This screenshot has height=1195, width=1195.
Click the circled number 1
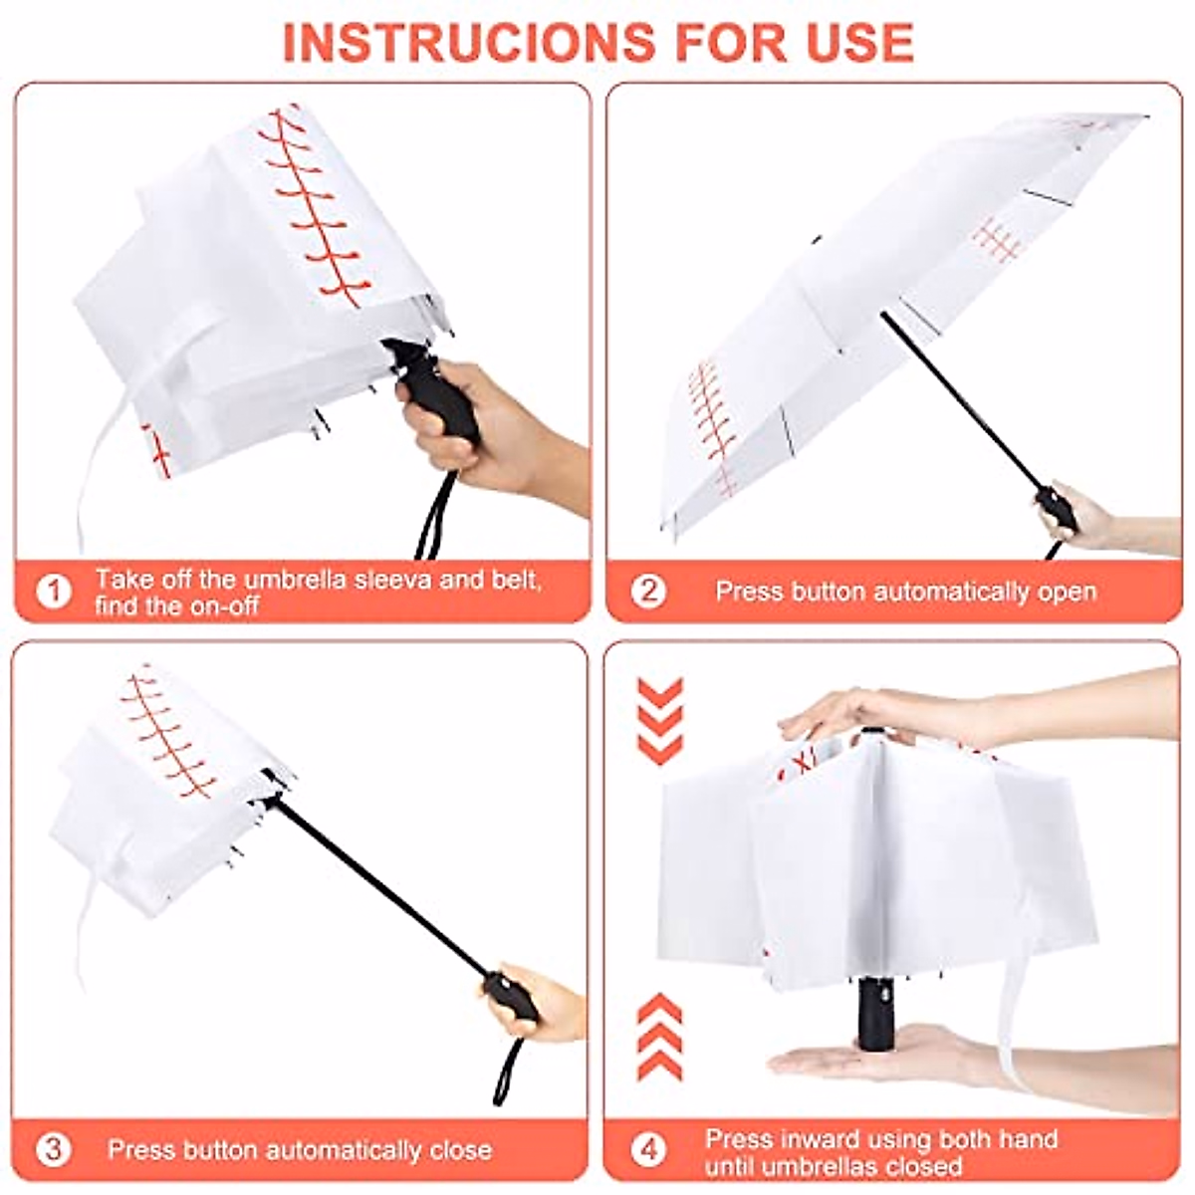click(54, 592)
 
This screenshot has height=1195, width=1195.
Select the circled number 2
click(648, 592)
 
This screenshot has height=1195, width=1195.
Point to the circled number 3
click(54, 1150)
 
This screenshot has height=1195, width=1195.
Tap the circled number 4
click(648, 1150)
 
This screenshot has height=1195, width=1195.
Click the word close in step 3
click(460, 1150)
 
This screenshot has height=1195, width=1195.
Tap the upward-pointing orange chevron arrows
click(659, 1036)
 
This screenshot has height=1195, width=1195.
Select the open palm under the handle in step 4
click(876, 1061)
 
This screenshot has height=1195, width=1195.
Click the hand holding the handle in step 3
click(543, 1001)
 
